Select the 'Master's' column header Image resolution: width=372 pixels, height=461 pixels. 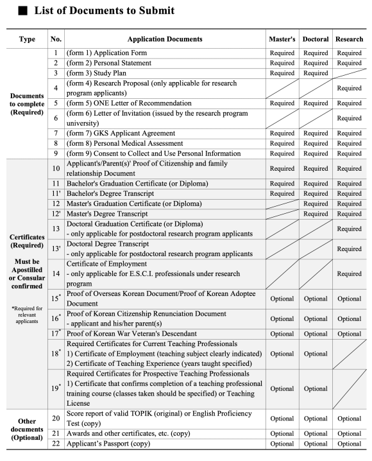pos(282,39)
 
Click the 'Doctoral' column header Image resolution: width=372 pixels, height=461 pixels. pos(316,39)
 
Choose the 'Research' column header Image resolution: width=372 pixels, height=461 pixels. pos(349,39)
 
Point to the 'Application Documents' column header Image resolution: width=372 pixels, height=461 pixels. pos(165,39)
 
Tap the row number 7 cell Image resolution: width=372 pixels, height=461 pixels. pos(56,133)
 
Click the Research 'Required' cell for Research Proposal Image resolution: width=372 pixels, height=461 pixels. pos(349,88)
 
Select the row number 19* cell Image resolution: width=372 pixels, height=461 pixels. pos(56,388)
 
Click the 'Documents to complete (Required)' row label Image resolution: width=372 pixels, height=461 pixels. pos(28,103)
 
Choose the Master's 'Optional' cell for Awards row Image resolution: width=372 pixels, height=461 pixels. pos(282,433)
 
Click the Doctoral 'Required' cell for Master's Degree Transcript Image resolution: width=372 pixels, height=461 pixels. pos(316,213)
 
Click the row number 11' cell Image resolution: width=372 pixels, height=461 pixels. pos(56,193)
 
